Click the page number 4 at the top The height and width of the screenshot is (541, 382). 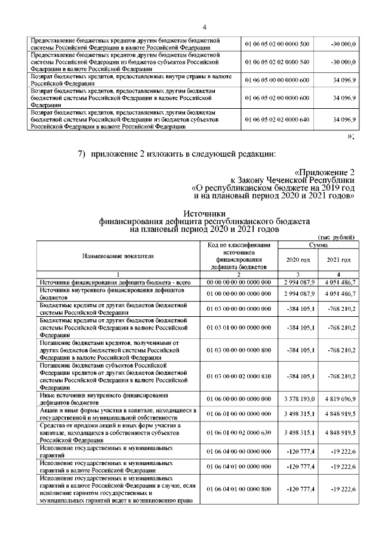[x=204, y=26]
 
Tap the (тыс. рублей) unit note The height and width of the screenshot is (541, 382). [x=338, y=237]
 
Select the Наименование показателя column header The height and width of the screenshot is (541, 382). [x=117, y=256]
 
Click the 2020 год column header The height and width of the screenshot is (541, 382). [x=298, y=260]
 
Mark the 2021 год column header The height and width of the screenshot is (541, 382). [x=338, y=260]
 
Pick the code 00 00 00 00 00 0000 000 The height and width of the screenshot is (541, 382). [x=239, y=282]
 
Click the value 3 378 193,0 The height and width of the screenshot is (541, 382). [x=298, y=398]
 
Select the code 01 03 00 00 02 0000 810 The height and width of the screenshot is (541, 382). [x=239, y=376]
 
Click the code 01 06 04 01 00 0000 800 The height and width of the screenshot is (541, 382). [x=239, y=489]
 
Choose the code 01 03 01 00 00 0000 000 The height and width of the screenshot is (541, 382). [x=239, y=328]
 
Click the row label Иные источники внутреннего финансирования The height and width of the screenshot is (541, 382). [x=101, y=395]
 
